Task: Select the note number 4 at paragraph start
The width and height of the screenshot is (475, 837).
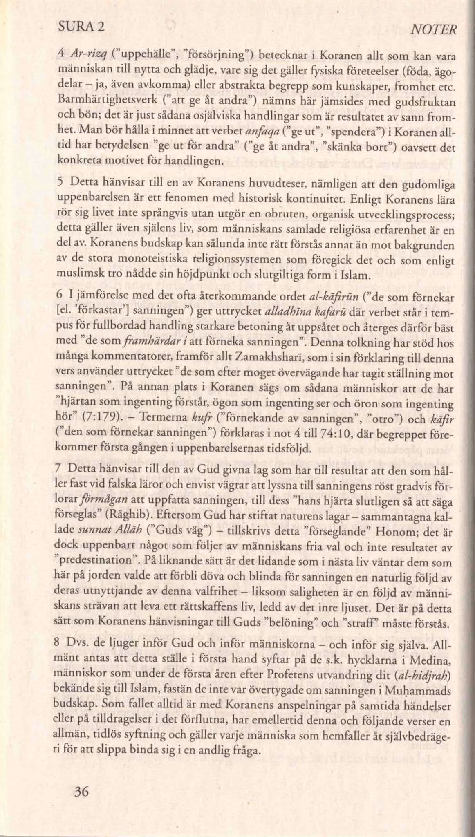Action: (x=60, y=53)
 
